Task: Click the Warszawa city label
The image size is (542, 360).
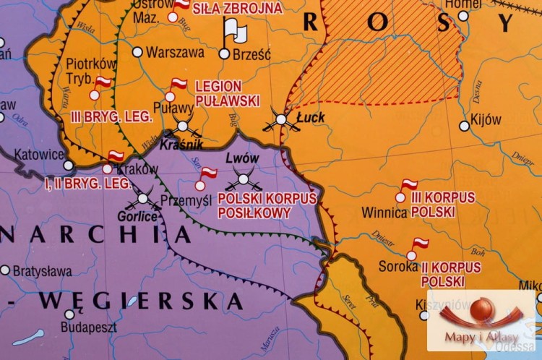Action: point(176,53)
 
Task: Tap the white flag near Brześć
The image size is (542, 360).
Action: point(234,30)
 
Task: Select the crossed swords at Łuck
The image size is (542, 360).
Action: point(281,121)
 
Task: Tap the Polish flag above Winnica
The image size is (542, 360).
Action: point(409,184)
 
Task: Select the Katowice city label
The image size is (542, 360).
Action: point(39,155)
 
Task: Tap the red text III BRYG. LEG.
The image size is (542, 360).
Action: point(111,115)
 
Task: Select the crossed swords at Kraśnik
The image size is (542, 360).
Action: point(182,127)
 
